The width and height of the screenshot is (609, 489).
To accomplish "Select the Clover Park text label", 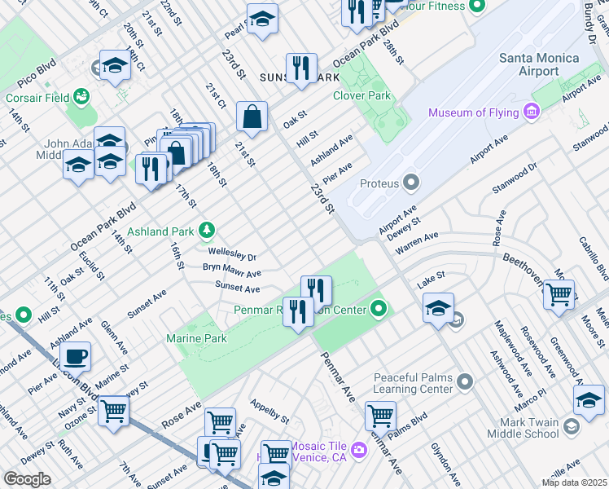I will [x=361, y=95].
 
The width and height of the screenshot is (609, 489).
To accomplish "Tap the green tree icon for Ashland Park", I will [x=208, y=231].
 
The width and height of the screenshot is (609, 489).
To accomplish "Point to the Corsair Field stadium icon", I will [x=81, y=97].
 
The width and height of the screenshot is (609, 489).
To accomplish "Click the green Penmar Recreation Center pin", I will [x=378, y=309].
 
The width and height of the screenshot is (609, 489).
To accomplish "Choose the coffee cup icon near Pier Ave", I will [x=75, y=357].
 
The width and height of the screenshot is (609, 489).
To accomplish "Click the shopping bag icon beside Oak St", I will [x=252, y=116].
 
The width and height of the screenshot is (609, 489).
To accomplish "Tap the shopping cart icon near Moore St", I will [x=559, y=294].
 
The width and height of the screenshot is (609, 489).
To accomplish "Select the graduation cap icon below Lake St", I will [x=438, y=308].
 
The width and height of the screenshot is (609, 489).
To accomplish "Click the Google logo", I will [x=27, y=479].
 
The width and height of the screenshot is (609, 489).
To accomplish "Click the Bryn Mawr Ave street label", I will [x=231, y=271].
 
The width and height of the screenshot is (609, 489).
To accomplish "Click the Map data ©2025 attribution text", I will [x=575, y=482].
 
